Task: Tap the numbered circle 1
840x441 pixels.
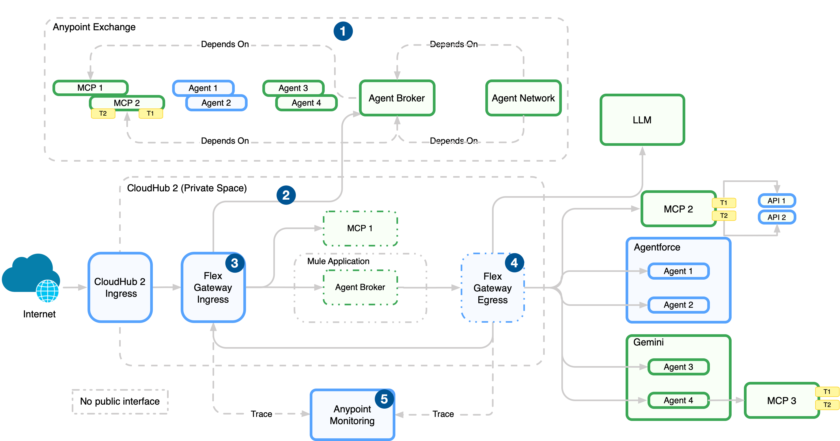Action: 343,31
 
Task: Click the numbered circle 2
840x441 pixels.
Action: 286,195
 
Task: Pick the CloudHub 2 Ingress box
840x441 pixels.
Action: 120,287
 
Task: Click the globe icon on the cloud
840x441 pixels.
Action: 48,291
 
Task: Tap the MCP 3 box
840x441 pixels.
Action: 781,400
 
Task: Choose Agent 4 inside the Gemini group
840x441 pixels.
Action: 678,400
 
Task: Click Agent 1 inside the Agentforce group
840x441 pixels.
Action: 678,271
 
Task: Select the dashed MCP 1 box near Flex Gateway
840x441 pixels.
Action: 360,228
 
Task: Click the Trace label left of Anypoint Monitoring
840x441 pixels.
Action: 261,414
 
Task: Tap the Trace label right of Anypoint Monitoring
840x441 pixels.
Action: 443,414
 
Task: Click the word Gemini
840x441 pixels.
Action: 648,342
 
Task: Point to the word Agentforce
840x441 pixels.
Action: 657,247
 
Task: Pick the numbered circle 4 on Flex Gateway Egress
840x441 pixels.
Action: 514,263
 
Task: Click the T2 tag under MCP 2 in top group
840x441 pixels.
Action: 103,113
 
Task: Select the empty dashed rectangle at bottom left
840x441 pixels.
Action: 120,402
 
